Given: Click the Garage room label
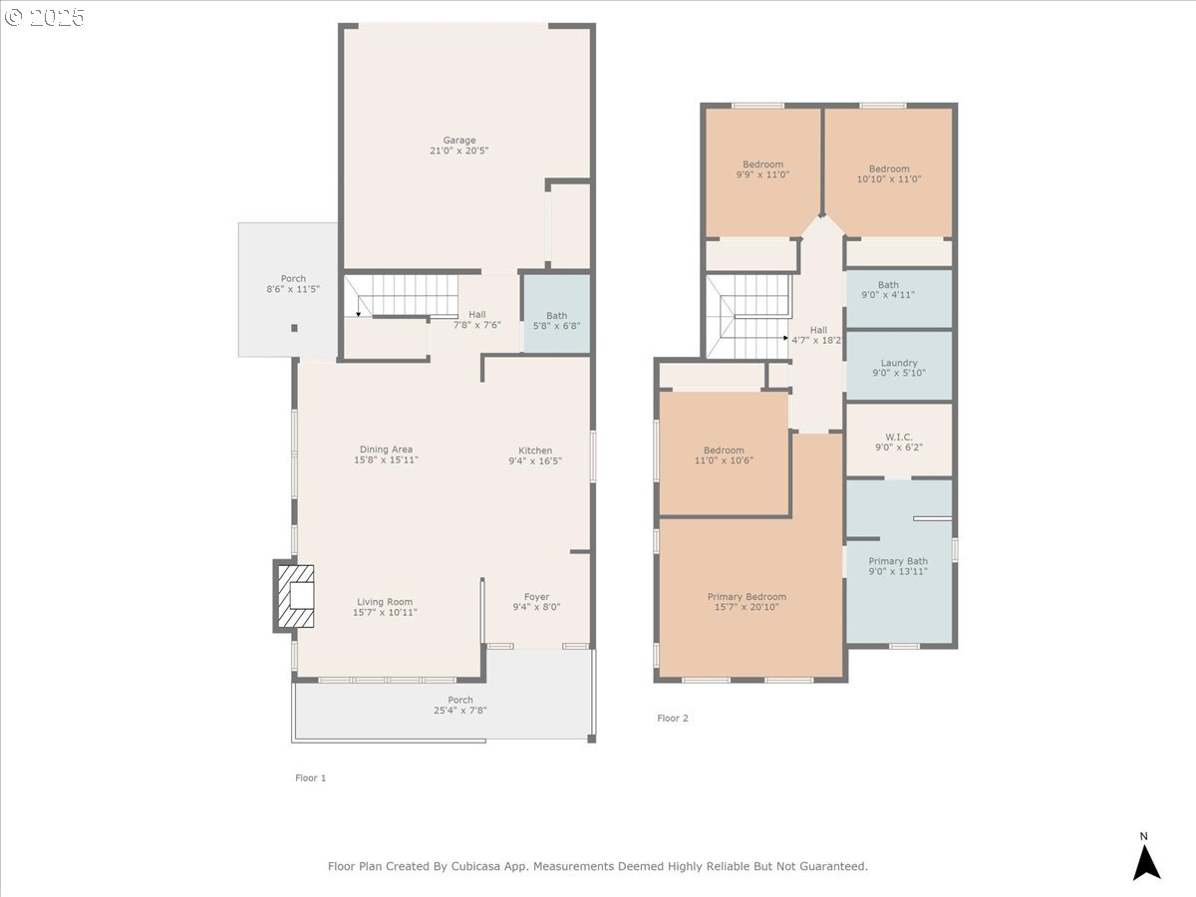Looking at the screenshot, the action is pos(458,141).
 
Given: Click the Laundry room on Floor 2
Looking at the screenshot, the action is pos(899,365).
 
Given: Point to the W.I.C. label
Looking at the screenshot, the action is pos(899,438).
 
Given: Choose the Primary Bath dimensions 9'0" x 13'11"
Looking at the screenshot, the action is pos(898,571).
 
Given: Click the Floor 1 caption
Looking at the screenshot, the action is pos(311,777).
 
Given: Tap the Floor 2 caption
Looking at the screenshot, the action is pos(673,718).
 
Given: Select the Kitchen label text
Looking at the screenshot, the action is pos(535,450).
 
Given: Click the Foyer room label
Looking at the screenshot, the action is pos(536,597).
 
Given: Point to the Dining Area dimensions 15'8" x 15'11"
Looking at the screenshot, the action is pos(386,459).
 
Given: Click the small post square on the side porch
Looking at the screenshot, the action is pos(294,328).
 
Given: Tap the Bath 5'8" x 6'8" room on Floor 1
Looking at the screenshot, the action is pos(556,314).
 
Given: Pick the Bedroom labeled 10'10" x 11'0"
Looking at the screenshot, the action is pos(889,172).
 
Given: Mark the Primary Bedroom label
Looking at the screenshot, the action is pos(747,597).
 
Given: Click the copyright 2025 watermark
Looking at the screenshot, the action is pos(44,17).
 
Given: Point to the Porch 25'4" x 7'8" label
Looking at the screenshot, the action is pos(459,705).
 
